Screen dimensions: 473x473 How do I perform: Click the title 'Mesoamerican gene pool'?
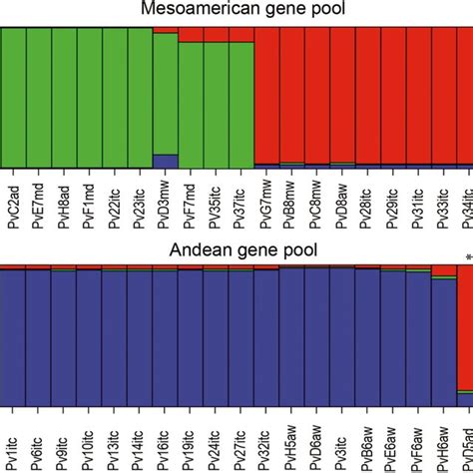(x=237, y=11)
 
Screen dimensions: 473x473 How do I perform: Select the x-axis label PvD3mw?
(x=166, y=205)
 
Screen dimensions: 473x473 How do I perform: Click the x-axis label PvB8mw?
(x=291, y=205)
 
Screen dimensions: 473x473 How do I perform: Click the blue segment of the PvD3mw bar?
(x=166, y=160)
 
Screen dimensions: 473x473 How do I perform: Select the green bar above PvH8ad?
(x=65, y=95)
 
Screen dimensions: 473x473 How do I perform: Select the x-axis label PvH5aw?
(x=291, y=439)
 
